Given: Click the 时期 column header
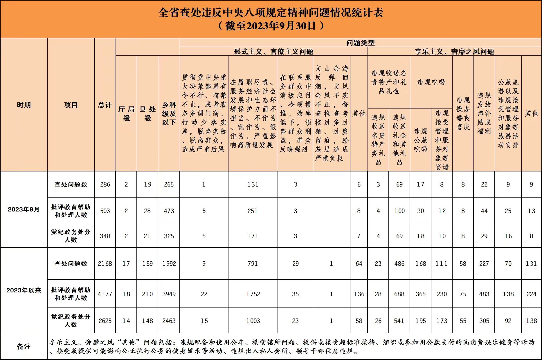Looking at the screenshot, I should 24,105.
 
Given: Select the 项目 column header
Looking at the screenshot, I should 71,105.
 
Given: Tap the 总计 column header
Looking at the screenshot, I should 105,105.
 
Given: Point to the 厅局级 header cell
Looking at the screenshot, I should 126,113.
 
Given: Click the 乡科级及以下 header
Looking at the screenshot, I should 169,113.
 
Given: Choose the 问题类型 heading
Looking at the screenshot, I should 360,43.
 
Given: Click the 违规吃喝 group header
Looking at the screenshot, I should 431,82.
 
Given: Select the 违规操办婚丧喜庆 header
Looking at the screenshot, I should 463,113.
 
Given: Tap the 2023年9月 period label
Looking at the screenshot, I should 24,209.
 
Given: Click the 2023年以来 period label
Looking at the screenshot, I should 24,290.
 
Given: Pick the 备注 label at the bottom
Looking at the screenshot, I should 24,346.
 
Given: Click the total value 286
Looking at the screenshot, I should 105,184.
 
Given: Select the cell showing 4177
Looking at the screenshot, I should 105,294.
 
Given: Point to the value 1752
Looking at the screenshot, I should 253,294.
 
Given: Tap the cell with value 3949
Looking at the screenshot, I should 169,294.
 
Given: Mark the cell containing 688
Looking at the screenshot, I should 399,294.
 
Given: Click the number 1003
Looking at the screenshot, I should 253,321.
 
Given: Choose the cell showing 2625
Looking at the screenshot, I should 105,321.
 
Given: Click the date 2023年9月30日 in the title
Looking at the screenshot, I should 278,26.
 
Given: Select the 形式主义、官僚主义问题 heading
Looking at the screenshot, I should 273,52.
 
